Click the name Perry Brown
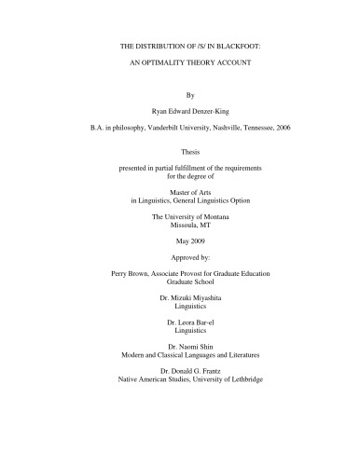pos(132,318)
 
